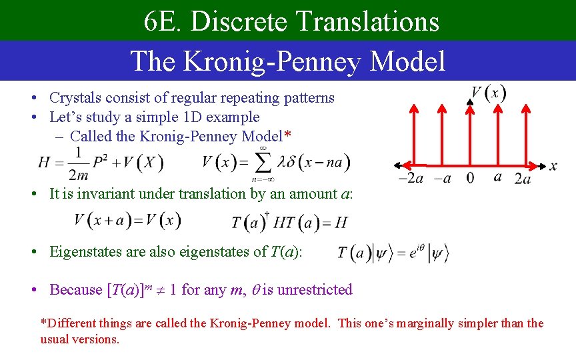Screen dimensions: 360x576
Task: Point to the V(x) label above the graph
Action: tap(489, 93)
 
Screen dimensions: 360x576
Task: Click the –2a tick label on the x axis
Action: tap(411, 179)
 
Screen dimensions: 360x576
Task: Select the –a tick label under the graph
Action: tap(443, 179)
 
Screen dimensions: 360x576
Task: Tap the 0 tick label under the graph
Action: tap(471, 179)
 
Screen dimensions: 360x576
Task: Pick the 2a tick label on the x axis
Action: tap(523, 179)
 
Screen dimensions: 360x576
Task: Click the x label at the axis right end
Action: tap(553, 166)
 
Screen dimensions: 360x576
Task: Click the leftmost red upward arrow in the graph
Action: tap(414, 133)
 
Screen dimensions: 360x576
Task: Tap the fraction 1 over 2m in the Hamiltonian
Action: tap(79, 163)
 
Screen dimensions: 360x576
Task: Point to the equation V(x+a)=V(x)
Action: tap(127, 220)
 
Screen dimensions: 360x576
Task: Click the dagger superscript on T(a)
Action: tap(267, 215)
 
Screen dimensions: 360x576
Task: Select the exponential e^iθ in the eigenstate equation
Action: tap(413, 251)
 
